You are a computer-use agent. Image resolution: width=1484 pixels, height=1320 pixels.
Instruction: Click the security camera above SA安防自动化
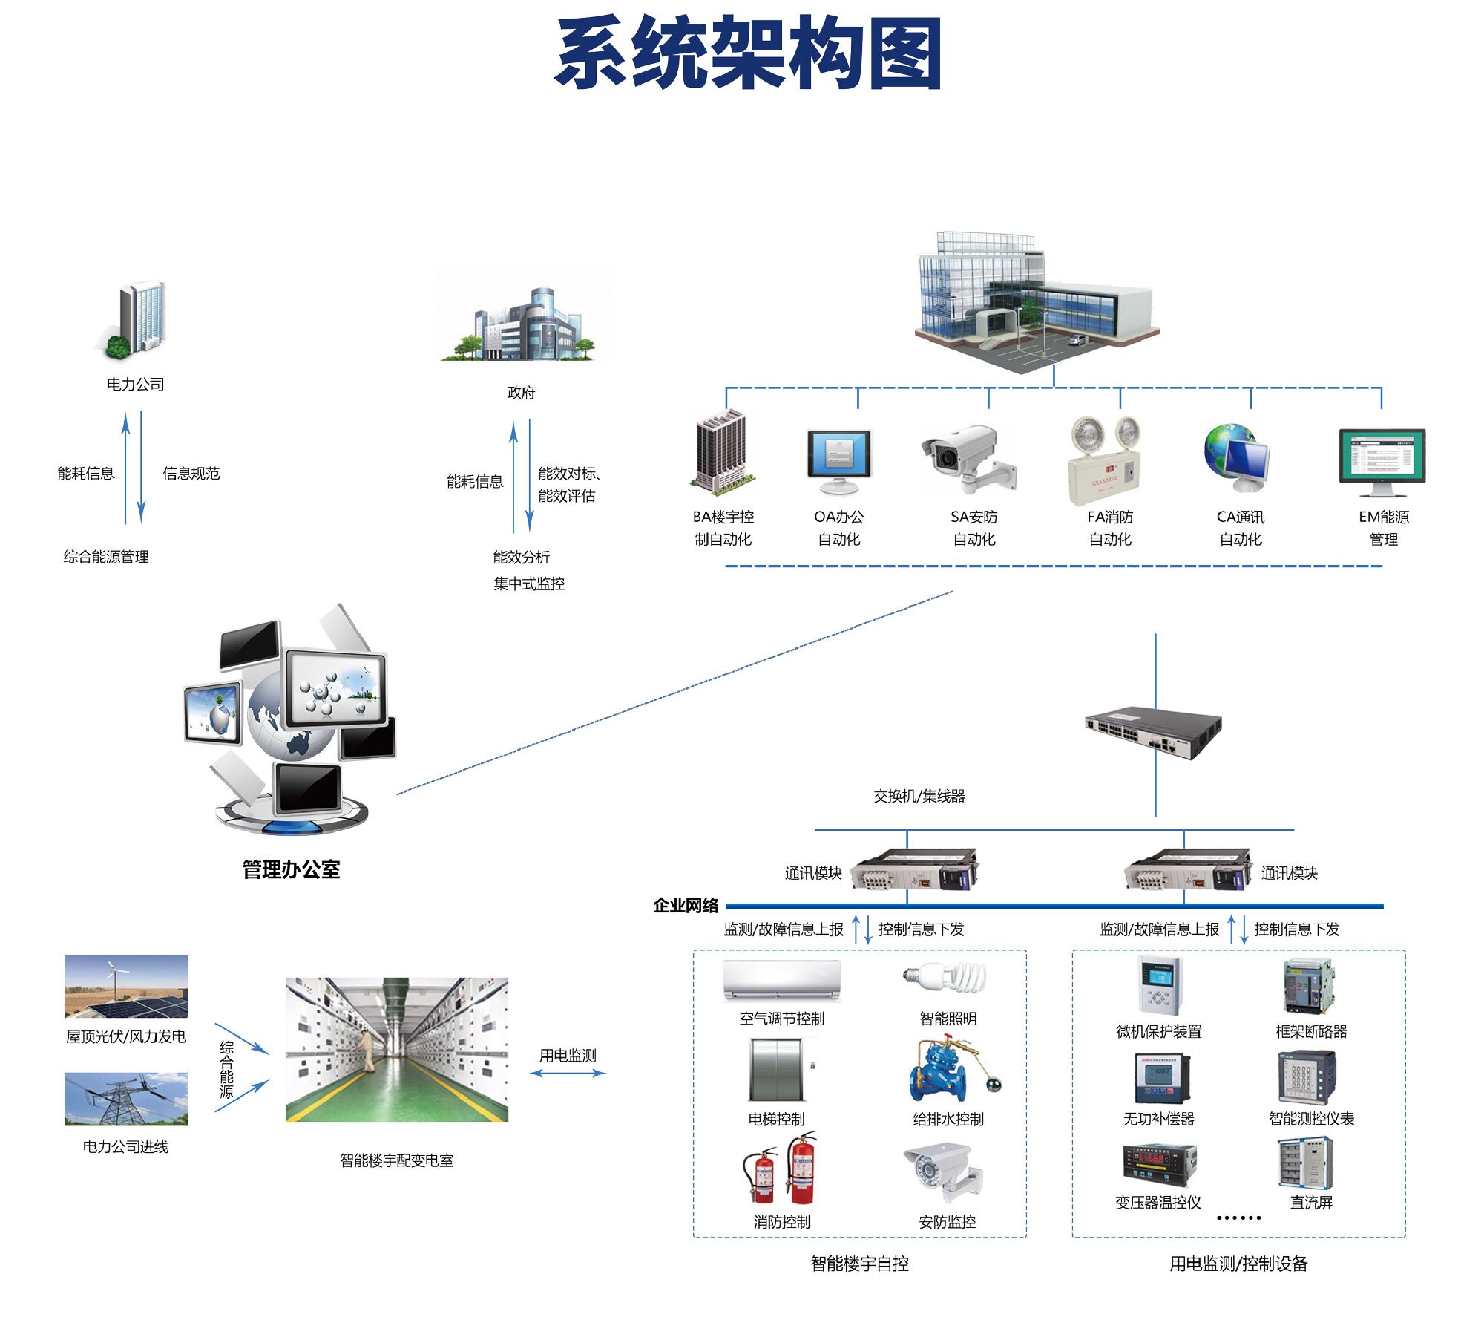pos(966,458)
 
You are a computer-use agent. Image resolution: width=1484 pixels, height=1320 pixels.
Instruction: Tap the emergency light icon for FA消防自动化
pos(1104,460)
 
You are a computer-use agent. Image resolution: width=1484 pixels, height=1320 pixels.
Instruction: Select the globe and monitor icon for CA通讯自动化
pos(1236,458)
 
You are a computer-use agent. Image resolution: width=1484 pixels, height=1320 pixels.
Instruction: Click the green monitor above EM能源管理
pos(1382,460)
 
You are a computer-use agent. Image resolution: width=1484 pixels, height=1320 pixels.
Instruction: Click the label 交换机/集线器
pos(919,796)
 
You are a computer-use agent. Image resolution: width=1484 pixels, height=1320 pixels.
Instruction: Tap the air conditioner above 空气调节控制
pos(781,980)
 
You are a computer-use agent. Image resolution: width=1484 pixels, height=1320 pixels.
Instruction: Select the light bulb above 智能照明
pos(945,978)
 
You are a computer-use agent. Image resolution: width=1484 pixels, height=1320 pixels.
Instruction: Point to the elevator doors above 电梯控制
pos(776,1070)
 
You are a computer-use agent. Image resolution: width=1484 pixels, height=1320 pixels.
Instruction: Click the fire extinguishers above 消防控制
pos(781,1171)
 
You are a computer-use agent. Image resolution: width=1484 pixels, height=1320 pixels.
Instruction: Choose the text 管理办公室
pos(291,869)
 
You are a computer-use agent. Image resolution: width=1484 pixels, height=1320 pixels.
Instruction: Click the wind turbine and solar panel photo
pos(126,986)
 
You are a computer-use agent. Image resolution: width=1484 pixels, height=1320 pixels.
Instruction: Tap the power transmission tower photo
pos(126,1099)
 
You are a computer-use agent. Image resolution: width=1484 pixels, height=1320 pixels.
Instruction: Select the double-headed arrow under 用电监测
pos(568,1073)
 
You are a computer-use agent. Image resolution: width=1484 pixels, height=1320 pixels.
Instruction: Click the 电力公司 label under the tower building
pos(135,384)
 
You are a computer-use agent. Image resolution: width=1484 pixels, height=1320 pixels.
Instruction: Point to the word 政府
pos(521,392)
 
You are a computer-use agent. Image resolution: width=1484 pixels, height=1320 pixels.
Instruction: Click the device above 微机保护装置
pos(1158,985)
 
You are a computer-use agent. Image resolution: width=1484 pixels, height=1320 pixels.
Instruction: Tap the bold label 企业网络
pos(686,905)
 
